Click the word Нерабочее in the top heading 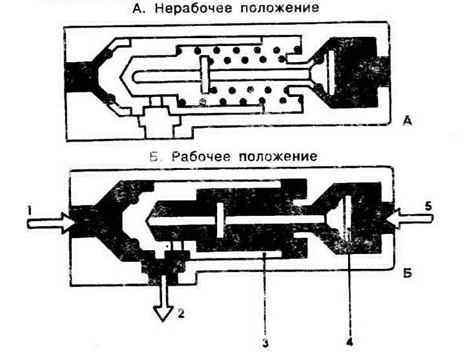click(193, 8)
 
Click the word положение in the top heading click(280, 8)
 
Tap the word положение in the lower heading click(278, 156)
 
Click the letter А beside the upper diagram click(408, 121)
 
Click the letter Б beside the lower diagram click(408, 273)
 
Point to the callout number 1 click(29, 211)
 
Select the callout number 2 click(181, 313)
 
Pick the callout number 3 click(265, 343)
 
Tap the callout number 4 click(349, 342)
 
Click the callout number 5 click(428, 206)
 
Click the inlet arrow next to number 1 click(49, 223)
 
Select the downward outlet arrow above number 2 click(163, 298)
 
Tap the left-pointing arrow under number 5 click(410, 219)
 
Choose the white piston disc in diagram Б click(220, 220)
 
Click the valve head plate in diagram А click(330, 73)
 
